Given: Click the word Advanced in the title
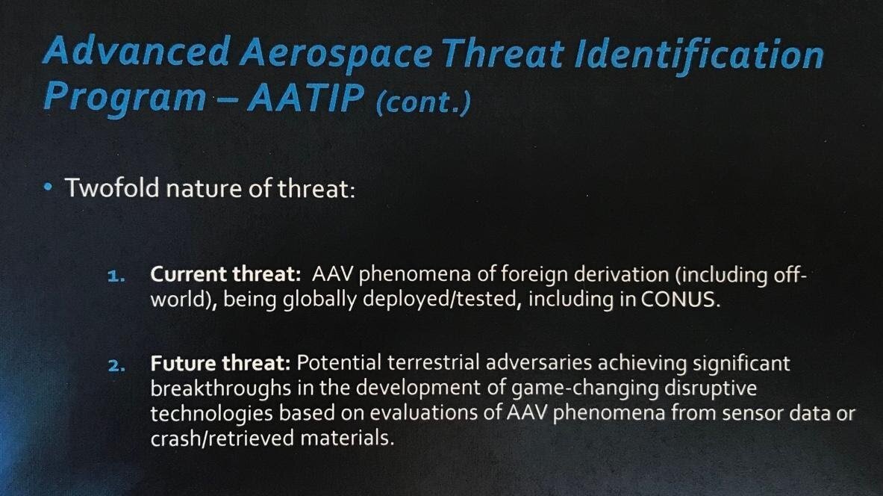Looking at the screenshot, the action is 137,52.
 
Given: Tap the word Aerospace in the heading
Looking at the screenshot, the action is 336,55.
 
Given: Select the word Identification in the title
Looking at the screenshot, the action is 699,56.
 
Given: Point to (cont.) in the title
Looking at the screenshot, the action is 422,102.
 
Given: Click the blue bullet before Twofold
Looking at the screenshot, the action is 49,187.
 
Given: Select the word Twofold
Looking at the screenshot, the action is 112,187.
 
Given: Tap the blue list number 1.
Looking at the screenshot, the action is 116,276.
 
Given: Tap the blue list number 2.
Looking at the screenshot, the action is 116,366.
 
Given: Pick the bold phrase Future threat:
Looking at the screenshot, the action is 220,363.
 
